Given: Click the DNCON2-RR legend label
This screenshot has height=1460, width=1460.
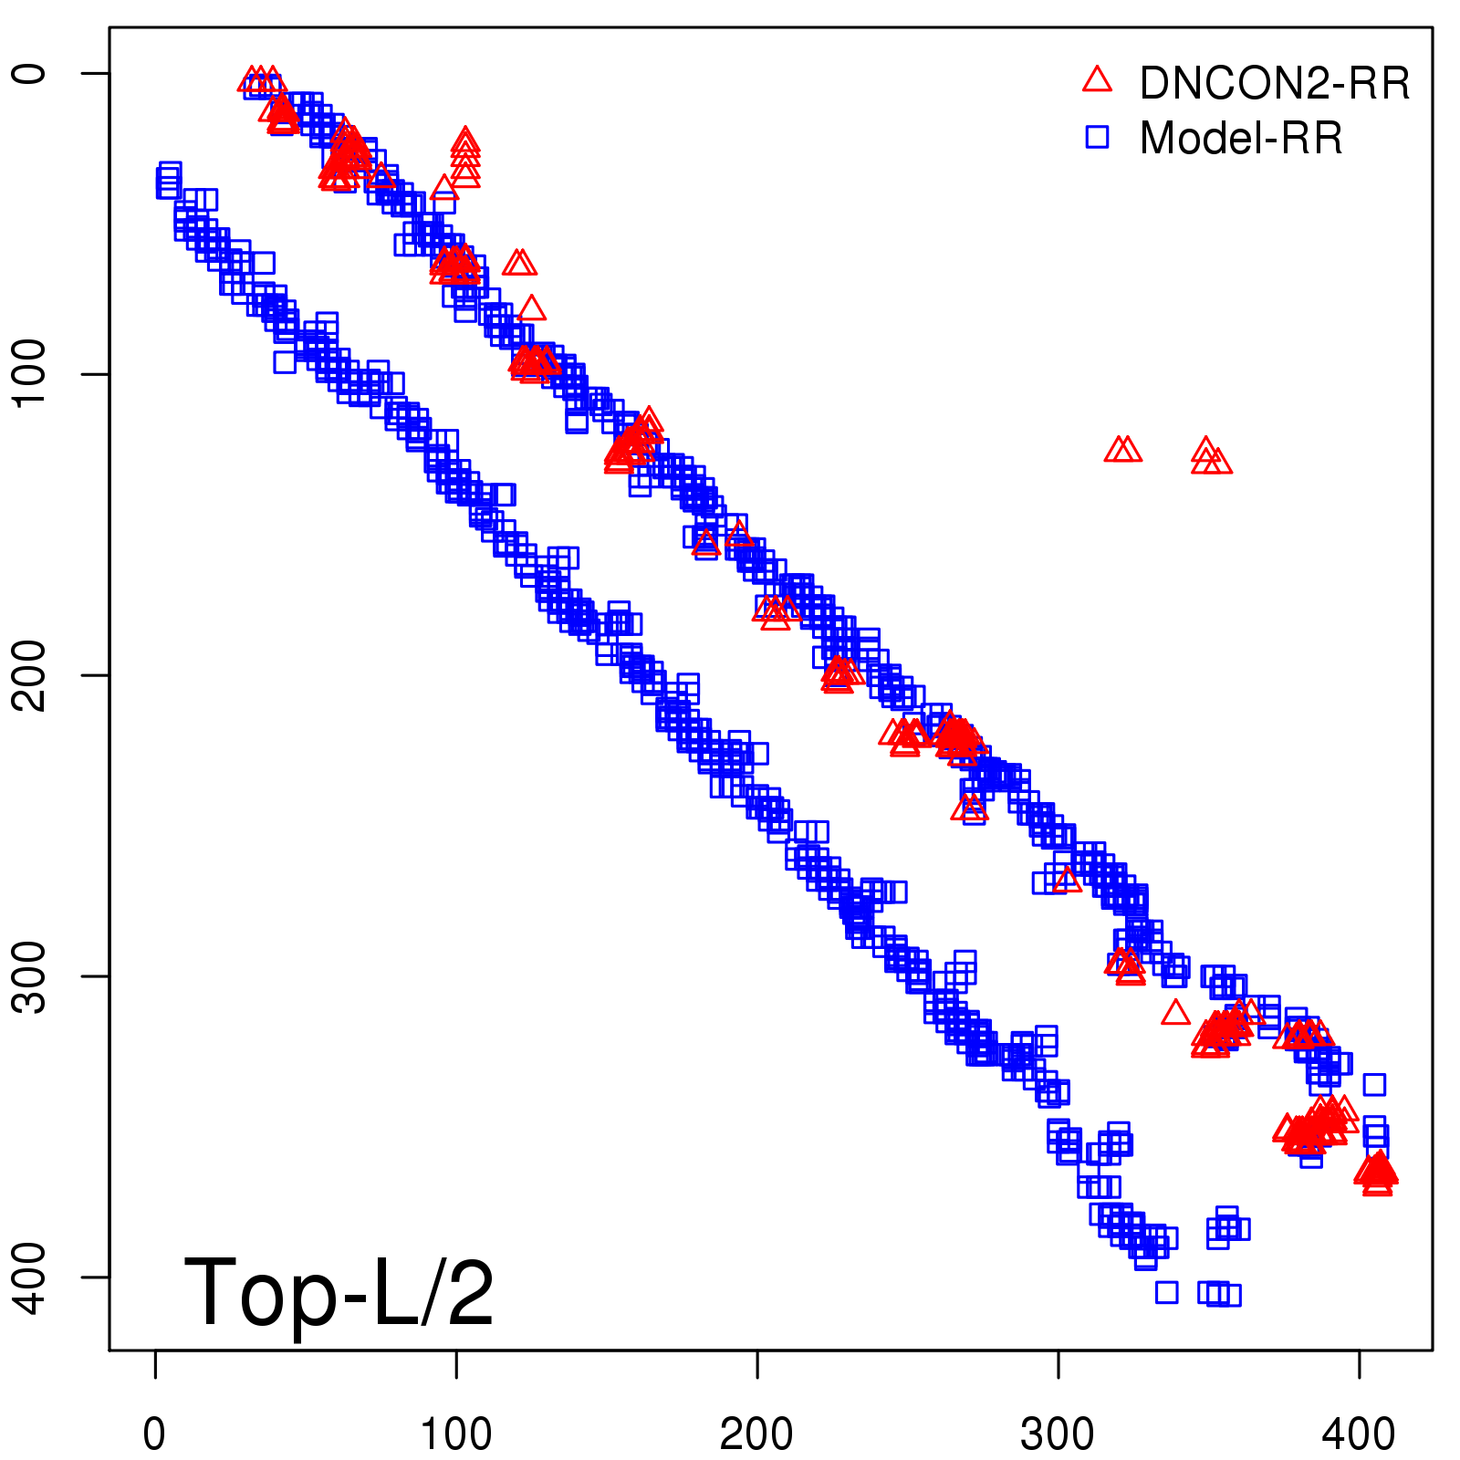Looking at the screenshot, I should click(x=1274, y=83).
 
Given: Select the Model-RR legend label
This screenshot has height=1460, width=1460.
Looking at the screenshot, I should click(x=1241, y=139).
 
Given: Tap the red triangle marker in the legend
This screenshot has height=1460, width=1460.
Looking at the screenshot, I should click(x=1097, y=80).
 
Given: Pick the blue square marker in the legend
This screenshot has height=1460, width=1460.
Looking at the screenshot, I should click(x=1097, y=137).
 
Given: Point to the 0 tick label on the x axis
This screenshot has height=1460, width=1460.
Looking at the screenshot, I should click(x=155, y=1434).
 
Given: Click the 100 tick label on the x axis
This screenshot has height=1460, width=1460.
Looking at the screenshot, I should click(x=456, y=1434).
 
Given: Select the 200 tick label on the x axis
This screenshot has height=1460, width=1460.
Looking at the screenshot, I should click(x=756, y=1434).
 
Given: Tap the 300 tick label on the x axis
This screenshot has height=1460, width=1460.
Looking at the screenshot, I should click(x=1058, y=1434).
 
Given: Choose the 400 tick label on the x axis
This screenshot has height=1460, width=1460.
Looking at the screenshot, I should click(x=1359, y=1434).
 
